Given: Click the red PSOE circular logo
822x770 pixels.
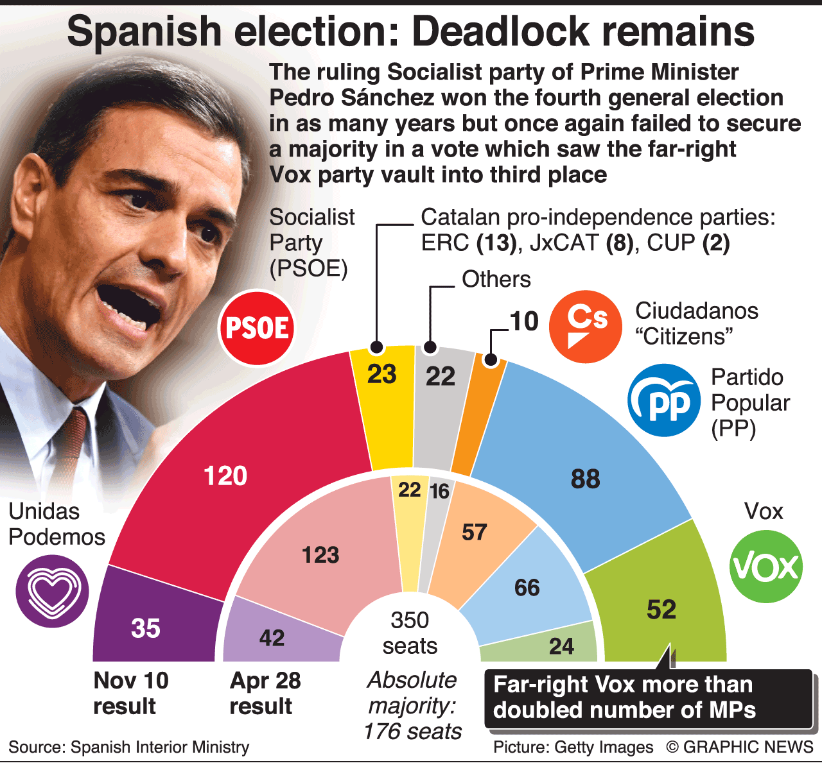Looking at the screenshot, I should (257, 328).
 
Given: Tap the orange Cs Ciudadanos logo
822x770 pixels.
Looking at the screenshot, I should (586, 327).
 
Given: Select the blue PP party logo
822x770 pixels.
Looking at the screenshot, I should (664, 400).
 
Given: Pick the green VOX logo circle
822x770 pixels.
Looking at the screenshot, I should (766, 567).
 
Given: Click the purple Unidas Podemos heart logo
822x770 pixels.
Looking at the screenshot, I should (53, 591).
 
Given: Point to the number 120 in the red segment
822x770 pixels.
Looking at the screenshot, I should (225, 476).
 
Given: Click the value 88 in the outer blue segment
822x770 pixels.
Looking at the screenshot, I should (585, 479).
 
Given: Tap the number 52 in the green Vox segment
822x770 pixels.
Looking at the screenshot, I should (661, 610).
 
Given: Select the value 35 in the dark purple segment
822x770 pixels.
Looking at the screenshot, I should (146, 628).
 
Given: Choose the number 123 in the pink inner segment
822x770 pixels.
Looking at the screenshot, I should (320, 554).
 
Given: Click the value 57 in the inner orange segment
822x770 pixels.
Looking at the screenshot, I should (475, 532).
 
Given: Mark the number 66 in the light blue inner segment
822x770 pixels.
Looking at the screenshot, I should (527, 587).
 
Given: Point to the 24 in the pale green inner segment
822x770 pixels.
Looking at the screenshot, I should (561, 646).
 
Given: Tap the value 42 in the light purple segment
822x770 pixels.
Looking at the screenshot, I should (272, 638).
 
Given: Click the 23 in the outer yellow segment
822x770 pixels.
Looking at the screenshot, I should (381, 375).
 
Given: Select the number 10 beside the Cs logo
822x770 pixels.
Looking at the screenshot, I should (524, 321).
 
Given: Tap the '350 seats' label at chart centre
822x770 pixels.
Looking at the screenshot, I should (410, 633).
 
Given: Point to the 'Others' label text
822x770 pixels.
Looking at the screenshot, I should (496, 279).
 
